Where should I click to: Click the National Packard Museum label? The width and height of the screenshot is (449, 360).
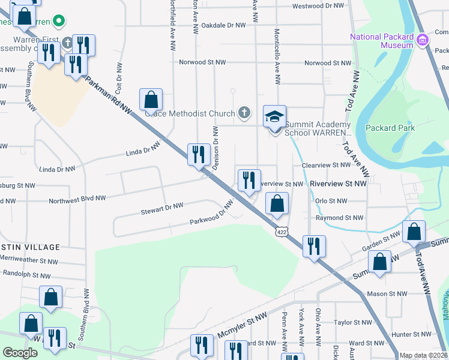382,41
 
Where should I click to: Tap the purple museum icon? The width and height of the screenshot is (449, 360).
423,40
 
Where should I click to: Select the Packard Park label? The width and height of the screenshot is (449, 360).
390,128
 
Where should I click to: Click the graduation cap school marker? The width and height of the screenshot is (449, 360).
274,116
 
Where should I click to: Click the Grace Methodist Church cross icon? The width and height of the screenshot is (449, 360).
244,112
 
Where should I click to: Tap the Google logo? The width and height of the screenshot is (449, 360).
20,353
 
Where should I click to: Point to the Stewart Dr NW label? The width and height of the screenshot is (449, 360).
161,207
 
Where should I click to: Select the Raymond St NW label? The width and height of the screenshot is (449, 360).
340,218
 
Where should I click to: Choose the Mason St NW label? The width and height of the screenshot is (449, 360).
386,294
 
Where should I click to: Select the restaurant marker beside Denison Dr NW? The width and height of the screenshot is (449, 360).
196,155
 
